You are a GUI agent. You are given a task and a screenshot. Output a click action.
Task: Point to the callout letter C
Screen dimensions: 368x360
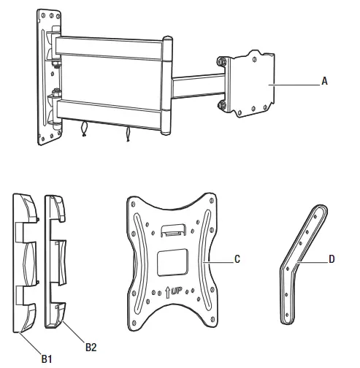(238, 258)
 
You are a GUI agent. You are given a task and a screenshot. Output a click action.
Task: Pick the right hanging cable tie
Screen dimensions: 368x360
(129, 136)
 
